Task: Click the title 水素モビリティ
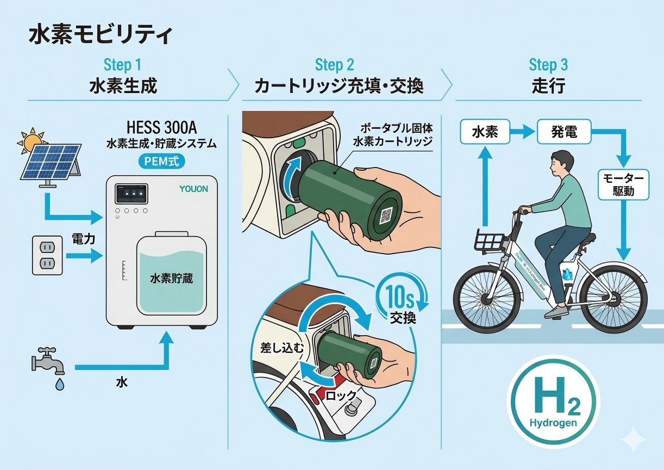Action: [100, 35]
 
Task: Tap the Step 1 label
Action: [122, 65]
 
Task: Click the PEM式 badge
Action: [161, 161]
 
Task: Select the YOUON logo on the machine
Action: [194, 189]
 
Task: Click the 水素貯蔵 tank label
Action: [171, 279]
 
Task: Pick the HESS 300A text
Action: [161, 128]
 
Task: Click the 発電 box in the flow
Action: [563, 132]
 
